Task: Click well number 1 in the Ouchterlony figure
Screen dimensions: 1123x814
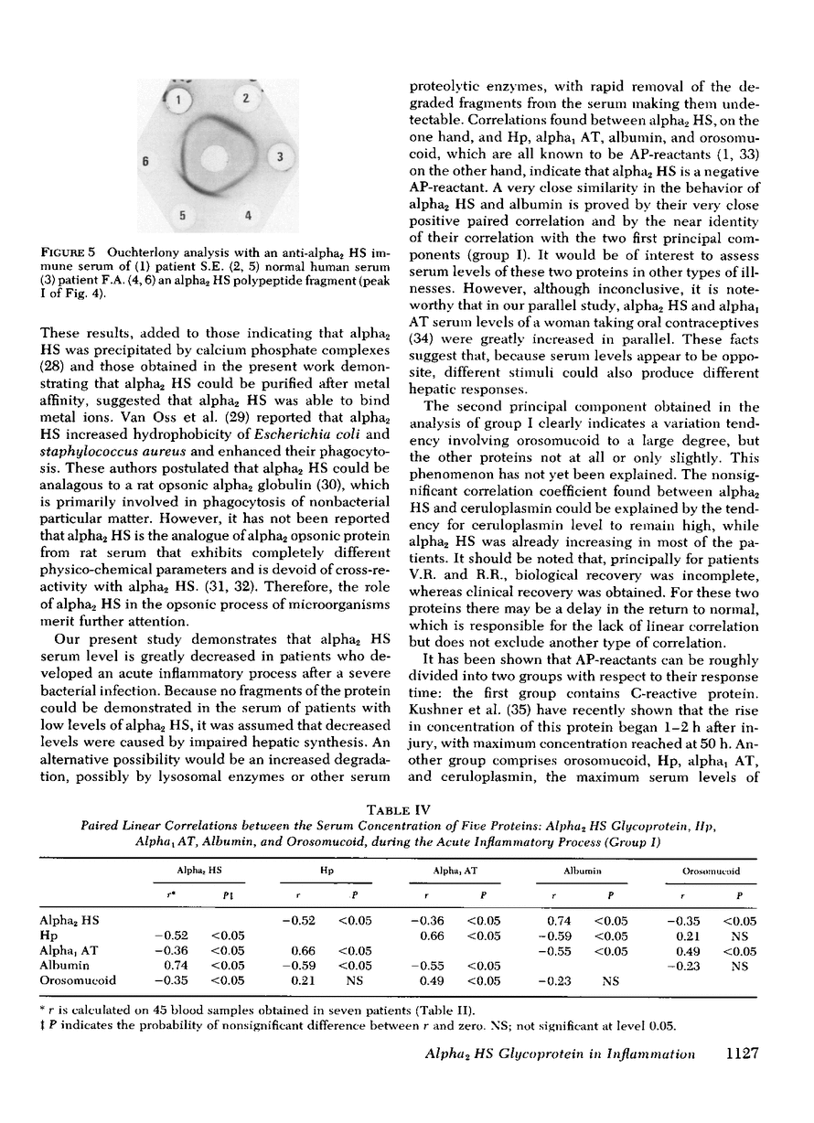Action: click(x=180, y=98)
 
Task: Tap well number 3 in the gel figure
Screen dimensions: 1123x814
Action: click(x=281, y=157)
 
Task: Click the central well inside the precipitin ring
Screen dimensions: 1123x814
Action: click(x=222, y=156)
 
